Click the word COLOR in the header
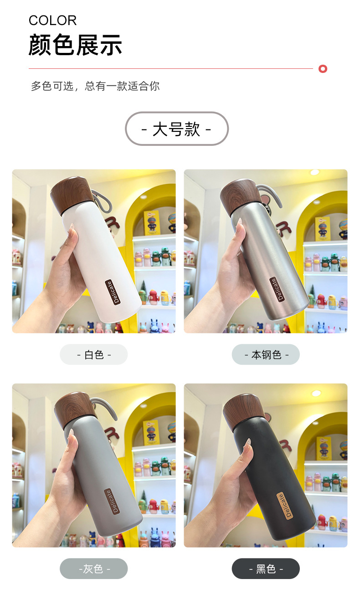[x=52, y=21]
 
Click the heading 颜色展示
[x=75, y=45]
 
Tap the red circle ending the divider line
[x=323, y=69]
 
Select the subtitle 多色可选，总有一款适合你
[x=95, y=86]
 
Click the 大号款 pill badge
[x=177, y=129]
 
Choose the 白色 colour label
[x=94, y=355]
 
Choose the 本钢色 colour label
[x=266, y=355]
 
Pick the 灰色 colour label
[x=94, y=569]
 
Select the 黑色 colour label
[x=266, y=569]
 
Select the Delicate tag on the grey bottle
[x=112, y=501]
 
